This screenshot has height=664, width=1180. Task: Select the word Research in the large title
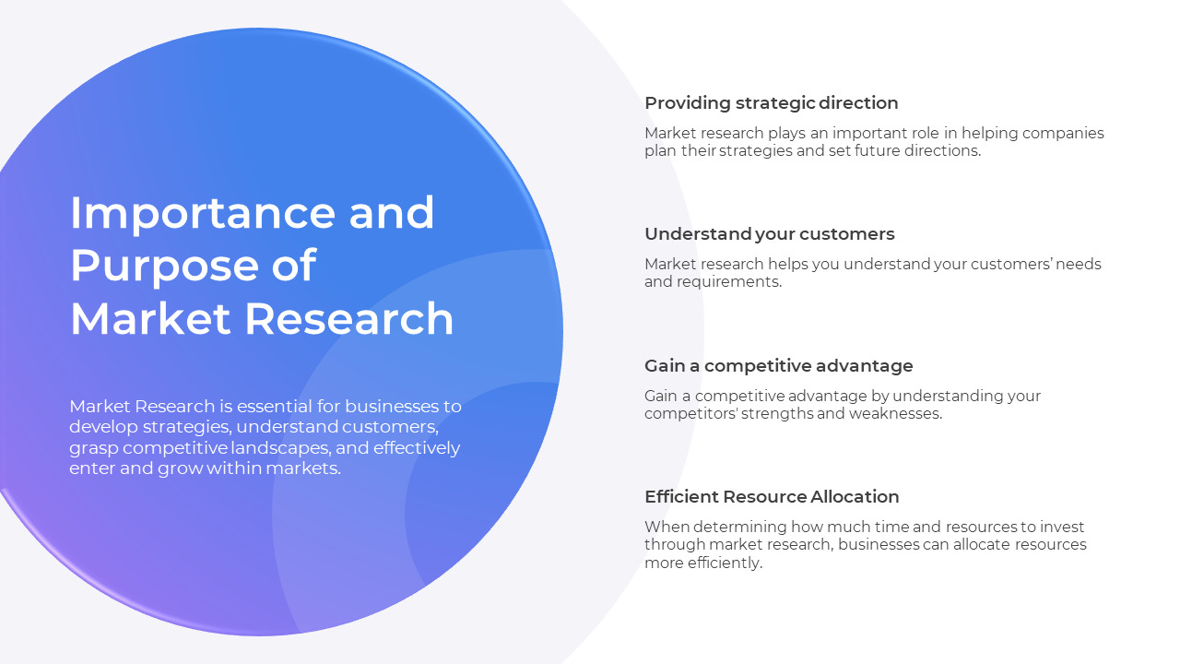(x=349, y=319)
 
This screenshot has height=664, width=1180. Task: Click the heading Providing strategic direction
(x=771, y=102)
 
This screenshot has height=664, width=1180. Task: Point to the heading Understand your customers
(x=769, y=234)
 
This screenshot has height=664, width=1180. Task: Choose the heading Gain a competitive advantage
(x=778, y=365)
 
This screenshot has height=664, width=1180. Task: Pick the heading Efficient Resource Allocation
(x=772, y=496)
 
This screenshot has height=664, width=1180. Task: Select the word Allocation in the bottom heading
(x=855, y=496)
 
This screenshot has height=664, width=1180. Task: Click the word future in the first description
(x=859, y=151)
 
